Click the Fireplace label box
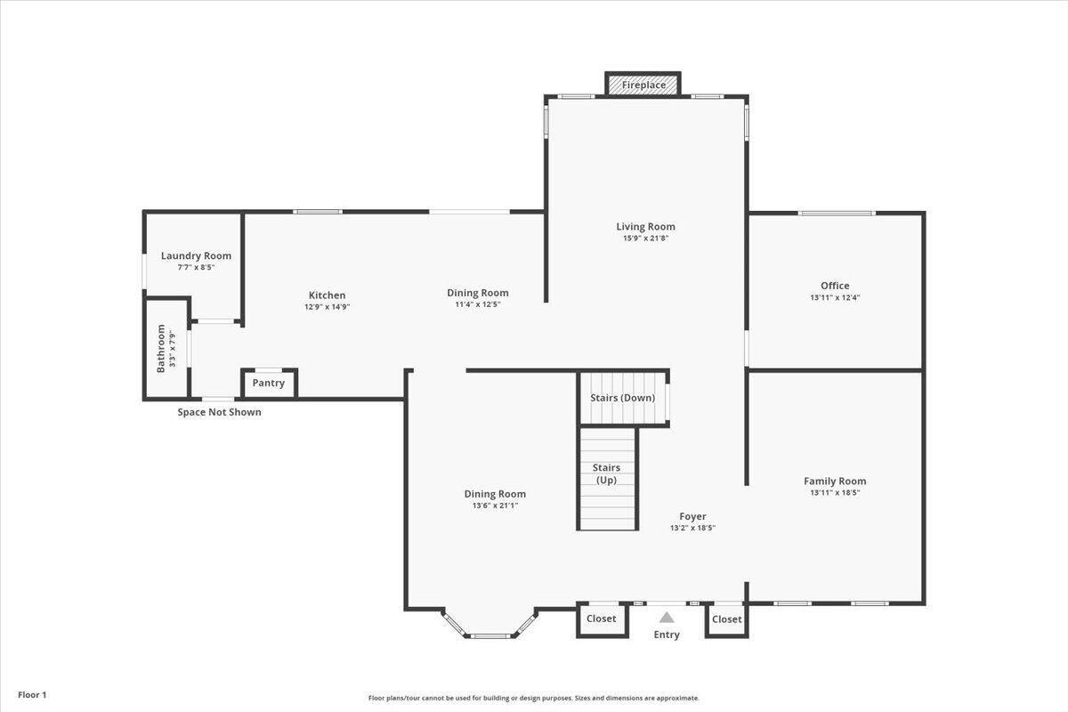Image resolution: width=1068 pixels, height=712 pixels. [x=643, y=85]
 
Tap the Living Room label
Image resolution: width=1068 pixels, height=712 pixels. [x=645, y=227]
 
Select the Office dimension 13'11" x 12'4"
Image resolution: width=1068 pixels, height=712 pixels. [x=835, y=297]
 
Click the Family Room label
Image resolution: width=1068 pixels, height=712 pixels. [x=835, y=481]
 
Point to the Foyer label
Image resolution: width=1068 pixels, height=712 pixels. [x=692, y=516]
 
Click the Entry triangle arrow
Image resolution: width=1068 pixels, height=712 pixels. [x=667, y=617]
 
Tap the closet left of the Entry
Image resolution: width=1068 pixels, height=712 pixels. [x=602, y=619]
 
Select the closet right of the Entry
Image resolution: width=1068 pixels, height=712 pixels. [x=726, y=619]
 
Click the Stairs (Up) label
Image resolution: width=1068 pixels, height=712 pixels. [x=606, y=473]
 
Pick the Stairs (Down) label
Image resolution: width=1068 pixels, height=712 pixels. [x=623, y=398]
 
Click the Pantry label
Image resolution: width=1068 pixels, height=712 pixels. [x=268, y=384]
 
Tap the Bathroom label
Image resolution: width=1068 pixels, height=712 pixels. [x=161, y=348]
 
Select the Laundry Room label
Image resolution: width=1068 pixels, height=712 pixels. [x=196, y=256]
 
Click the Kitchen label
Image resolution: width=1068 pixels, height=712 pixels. [x=327, y=295]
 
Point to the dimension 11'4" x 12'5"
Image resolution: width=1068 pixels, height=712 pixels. [x=478, y=304]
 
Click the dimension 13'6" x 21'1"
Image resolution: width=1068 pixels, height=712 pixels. [x=495, y=506]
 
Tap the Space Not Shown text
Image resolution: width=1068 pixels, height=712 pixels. [x=219, y=412]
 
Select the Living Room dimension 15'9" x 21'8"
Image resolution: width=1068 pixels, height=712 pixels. [x=645, y=238]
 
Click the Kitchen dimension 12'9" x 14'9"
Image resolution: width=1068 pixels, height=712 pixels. [x=327, y=307]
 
